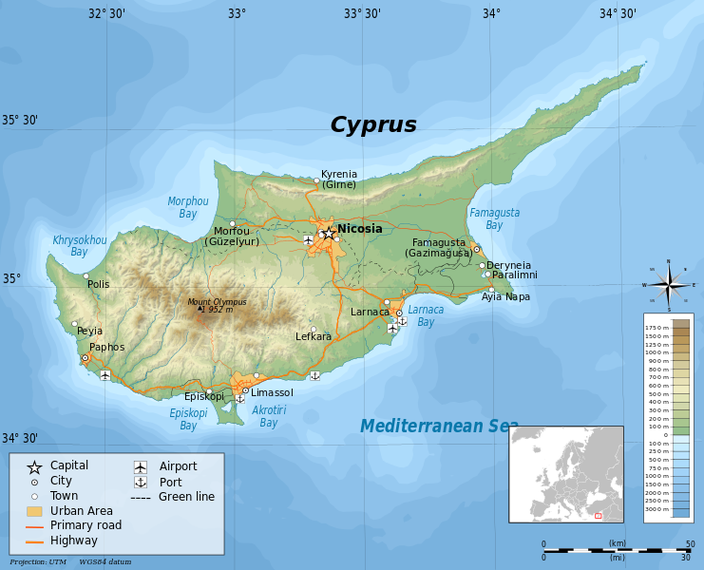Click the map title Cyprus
point(373,124)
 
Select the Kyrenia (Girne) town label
point(339,179)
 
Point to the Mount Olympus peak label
point(217,305)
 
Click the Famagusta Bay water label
point(494,219)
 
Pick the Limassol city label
point(272,392)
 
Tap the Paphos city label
point(107,347)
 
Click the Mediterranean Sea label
point(439,427)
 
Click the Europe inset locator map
point(565,473)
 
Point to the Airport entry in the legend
point(178,466)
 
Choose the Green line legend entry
point(186,497)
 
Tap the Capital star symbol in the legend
point(34,466)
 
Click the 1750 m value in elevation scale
point(657,327)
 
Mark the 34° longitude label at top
point(491,13)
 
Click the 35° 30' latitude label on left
point(19,121)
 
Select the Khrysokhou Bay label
point(80,246)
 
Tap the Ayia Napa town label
point(505,296)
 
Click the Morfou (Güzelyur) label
point(232,237)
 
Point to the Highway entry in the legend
point(74,541)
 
